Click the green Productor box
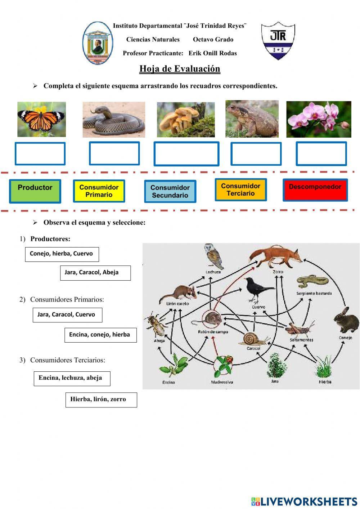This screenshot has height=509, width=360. tap(35, 191)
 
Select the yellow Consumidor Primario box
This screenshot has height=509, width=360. tap(99, 191)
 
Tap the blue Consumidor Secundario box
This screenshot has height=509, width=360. tap(170, 191)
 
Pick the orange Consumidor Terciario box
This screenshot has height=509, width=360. tap(241, 189)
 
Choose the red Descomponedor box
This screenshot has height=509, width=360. tap(315, 190)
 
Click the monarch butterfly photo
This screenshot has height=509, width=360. tap(41, 119)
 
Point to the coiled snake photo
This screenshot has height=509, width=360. tap(114, 120)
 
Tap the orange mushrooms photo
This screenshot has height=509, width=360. tap(186, 120)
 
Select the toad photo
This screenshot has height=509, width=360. tap(252, 119)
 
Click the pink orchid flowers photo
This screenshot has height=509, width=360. tap(319, 119)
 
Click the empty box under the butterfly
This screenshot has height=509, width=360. tap(40, 154)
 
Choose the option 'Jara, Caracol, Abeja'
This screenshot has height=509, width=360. tap(95, 273)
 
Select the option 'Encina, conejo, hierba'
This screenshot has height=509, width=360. tap(100, 335)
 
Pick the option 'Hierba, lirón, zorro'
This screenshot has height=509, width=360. tap(101, 400)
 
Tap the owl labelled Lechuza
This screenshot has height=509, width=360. tap(213, 256)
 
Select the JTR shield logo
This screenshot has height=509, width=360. tap(278, 40)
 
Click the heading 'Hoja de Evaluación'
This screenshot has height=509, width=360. tap(180, 69)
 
